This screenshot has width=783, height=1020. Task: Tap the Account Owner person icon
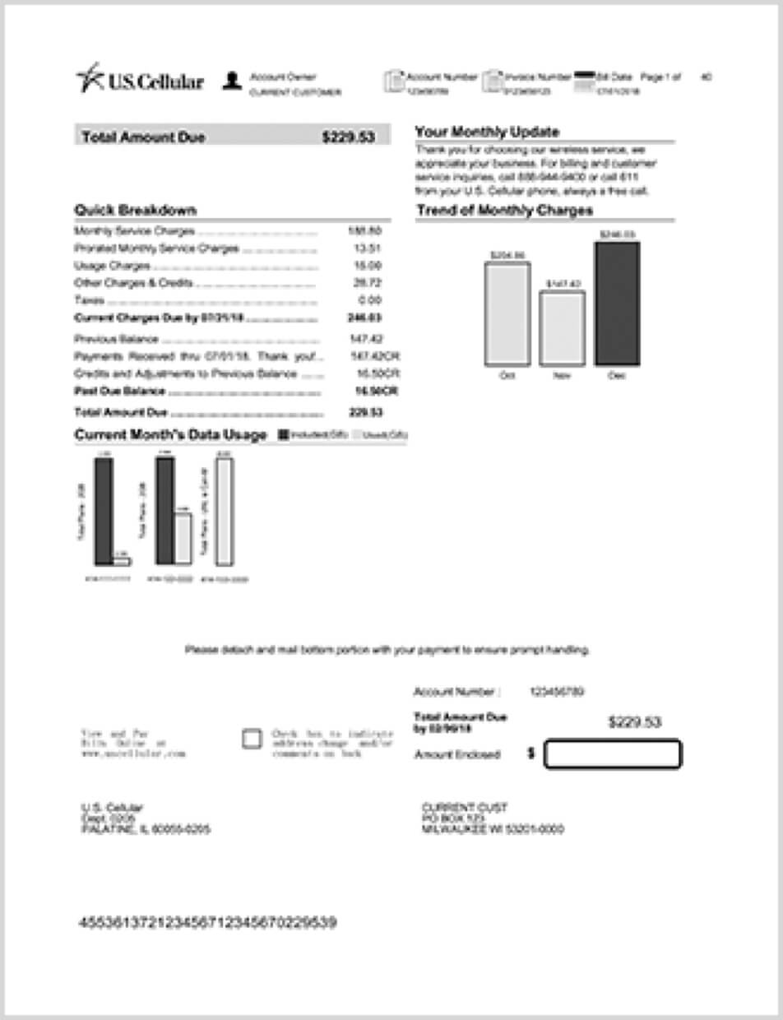tap(232, 81)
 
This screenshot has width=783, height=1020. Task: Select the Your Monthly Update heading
tap(487, 132)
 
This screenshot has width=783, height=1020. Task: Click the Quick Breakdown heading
tap(135, 210)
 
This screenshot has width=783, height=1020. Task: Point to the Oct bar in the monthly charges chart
tap(507, 313)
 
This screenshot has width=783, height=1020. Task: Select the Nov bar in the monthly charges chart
tap(563, 328)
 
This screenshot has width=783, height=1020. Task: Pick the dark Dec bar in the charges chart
tap(617, 303)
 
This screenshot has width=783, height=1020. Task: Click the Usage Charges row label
tap(112, 266)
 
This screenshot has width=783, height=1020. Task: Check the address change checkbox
tap(252, 739)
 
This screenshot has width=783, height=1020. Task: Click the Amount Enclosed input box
tap(613, 754)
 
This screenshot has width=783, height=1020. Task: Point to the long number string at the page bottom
tap(206, 922)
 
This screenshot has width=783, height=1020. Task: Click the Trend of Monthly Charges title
tap(504, 211)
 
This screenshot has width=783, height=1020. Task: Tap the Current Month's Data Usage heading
tap(170, 434)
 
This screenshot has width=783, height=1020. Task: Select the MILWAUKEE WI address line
tap(493, 829)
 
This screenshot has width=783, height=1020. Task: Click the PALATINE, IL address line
tap(145, 829)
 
